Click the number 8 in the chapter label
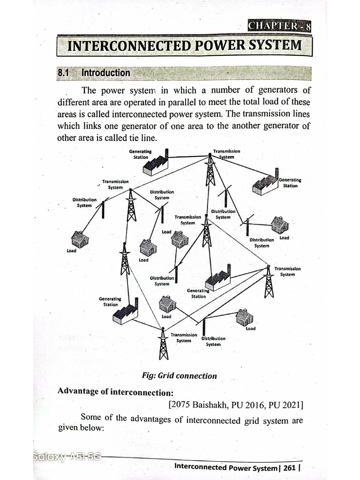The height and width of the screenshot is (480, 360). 308,26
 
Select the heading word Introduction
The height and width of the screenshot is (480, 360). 105,73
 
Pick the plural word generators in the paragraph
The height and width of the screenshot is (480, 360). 277,90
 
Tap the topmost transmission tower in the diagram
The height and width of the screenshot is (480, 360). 210,169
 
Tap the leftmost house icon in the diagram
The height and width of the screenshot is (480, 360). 80,240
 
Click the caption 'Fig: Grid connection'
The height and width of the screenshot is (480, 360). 180,375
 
